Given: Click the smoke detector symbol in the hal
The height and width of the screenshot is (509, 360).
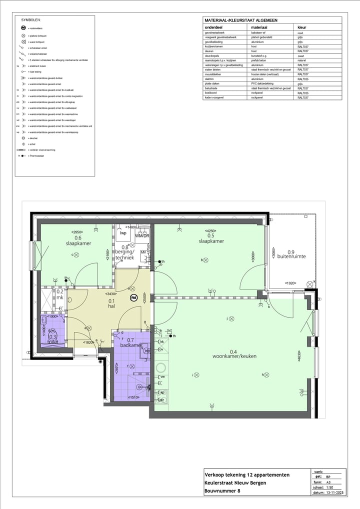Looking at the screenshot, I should tap(133, 298).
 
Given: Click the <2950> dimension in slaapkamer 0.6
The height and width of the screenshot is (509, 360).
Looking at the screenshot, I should tap(77, 232).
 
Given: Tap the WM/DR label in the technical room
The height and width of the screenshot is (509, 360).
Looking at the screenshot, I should tap(142, 235).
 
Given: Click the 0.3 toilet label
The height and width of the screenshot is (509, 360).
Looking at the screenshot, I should tap(53, 339).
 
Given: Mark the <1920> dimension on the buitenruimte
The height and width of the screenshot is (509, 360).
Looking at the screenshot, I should tap(291, 283).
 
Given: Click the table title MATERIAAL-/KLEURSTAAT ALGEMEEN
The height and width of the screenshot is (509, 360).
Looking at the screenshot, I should tap(241, 20).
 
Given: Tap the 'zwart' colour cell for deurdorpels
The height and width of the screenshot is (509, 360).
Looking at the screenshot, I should tap(301, 56).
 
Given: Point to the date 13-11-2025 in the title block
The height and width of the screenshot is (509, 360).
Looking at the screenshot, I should tap(335, 493).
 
